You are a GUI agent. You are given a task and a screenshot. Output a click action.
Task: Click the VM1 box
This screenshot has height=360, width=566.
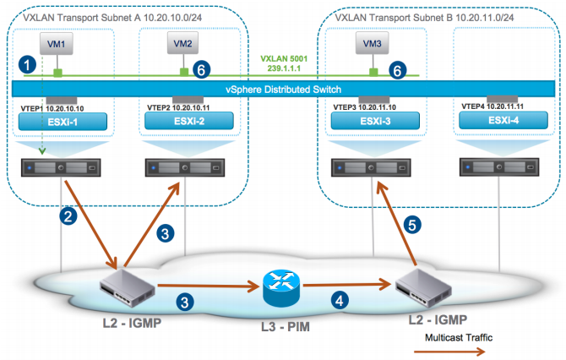point(57,44)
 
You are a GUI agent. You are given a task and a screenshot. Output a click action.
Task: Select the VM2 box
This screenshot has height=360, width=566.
point(182,43)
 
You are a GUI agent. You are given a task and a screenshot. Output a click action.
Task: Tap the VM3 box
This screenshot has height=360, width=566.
point(373,43)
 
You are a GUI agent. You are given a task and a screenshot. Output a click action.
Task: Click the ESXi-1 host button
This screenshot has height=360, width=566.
point(63,122)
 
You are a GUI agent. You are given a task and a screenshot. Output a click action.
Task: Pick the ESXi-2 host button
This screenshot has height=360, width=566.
point(189,121)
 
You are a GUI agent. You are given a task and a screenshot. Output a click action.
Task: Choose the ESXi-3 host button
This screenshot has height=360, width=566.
point(375,121)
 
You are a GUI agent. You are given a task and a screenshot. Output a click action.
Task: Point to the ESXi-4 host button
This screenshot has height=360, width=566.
point(503,120)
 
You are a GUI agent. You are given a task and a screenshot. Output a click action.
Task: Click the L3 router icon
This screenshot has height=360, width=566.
point(281,288)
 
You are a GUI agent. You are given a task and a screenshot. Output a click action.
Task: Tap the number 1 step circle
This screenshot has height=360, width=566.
point(27,64)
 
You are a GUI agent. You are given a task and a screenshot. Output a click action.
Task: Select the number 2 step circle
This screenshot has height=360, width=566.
point(68,216)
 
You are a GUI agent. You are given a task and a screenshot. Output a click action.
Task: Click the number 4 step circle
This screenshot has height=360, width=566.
point(340,300)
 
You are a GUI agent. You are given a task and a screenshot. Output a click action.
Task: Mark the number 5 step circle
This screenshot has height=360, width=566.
point(412,225)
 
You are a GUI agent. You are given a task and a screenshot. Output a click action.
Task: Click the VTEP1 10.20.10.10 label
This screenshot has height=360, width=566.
point(52,108)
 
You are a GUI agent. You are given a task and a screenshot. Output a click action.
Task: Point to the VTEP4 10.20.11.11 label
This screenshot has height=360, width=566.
point(493,106)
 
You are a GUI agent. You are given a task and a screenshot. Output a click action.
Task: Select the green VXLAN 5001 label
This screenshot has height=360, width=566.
point(284,58)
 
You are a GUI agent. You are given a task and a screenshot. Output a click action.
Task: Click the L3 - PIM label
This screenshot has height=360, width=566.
point(286,327)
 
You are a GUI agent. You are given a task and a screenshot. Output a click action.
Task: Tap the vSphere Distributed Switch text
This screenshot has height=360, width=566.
point(283,90)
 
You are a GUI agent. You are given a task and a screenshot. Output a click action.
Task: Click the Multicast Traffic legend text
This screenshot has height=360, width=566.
point(459,338)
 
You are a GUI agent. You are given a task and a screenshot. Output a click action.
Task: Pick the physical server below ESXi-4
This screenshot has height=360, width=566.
point(499,167)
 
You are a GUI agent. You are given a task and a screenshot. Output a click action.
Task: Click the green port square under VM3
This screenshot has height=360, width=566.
point(373,72)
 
